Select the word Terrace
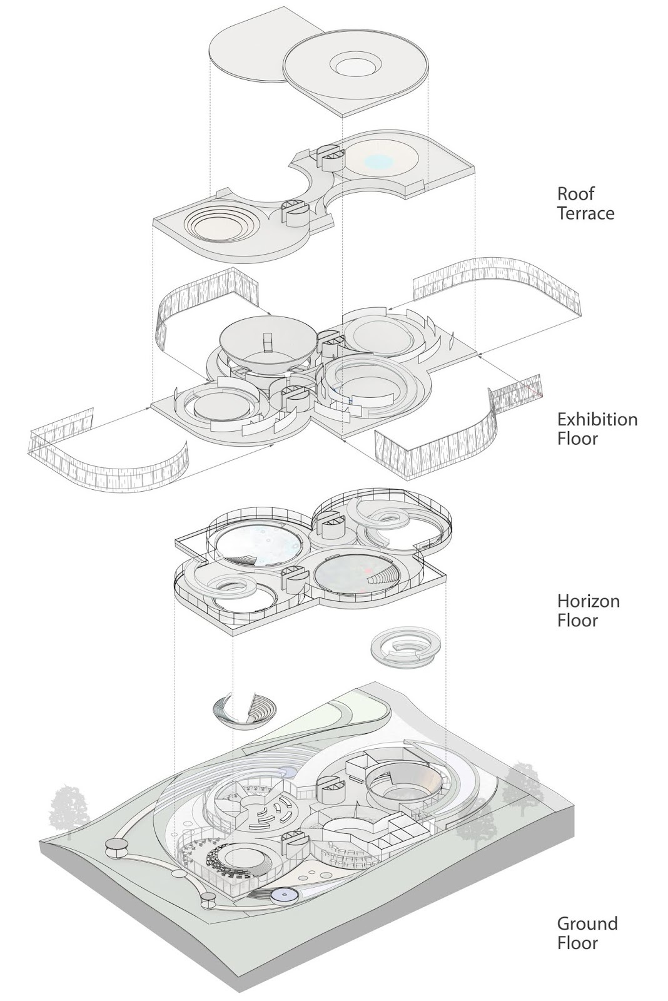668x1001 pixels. [x=585, y=213]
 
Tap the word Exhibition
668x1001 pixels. [x=597, y=419]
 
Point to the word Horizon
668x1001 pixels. [x=589, y=601]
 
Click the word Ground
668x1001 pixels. [x=587, y=923]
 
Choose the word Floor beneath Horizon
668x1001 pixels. [x=577, y=621]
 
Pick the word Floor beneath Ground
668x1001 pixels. [x=577, y=943]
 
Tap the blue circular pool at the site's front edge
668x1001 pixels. [x=285, y=896]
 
